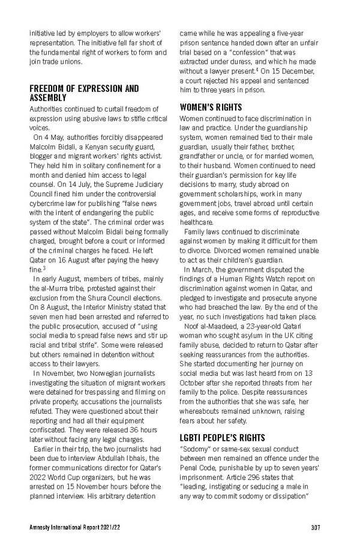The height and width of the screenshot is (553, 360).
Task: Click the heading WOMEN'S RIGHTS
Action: click(211, 107)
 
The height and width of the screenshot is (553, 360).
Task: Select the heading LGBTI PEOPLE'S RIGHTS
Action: click(222, 437)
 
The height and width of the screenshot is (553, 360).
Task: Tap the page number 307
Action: click(316, 528)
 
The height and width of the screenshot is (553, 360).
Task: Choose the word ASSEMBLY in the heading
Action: click(48, 98)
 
